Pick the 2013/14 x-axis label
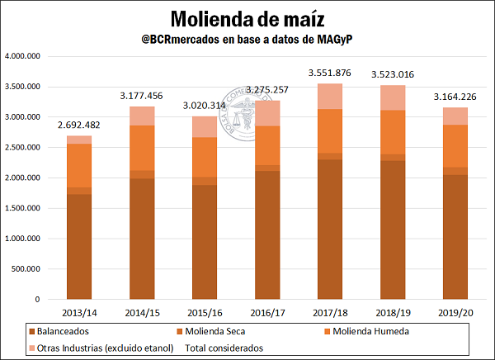click(79, 313)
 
